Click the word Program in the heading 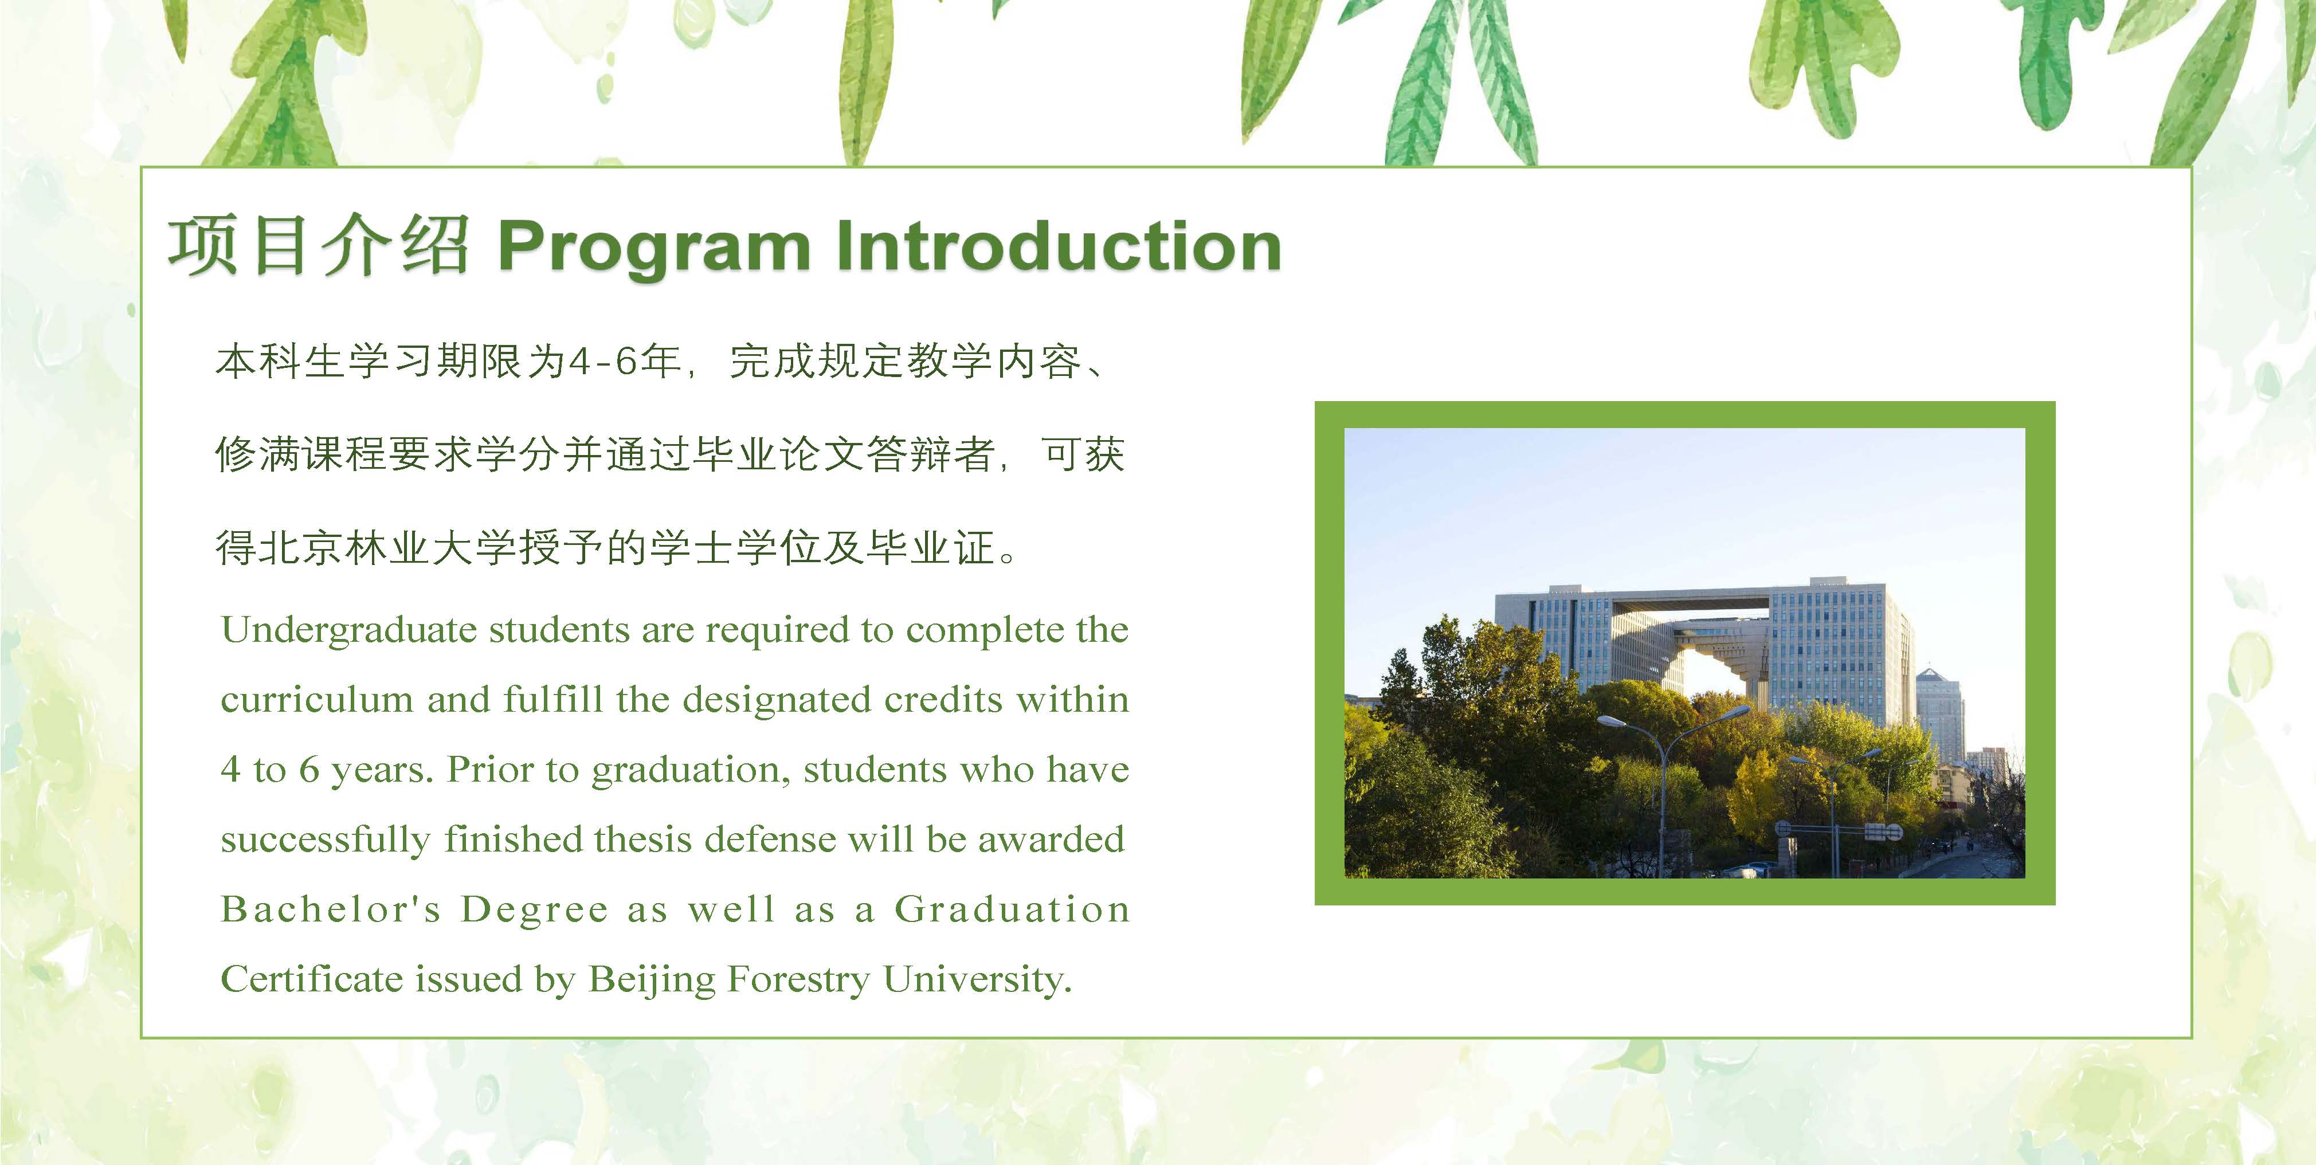pyautogui.click(x=653, y=247)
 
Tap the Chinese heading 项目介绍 pyautogui.click(x=318, y=245)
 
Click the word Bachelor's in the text pyautogui.click(x=331, y=909)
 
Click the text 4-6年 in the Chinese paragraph pyautogui.click(x=624, y=362)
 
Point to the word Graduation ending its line pyautogui.click(x=1012, y=909)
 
